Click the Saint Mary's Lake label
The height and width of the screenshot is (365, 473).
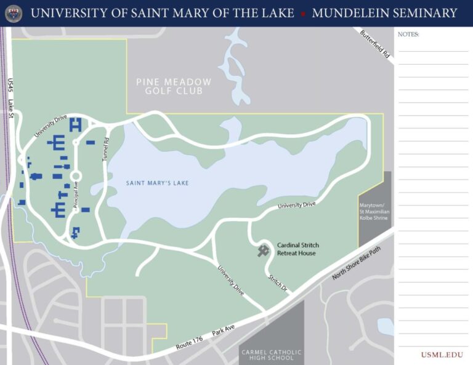(x=157, y=183)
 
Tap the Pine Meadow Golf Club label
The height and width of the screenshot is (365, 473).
(x=174, y=86)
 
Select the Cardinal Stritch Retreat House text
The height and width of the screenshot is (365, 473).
(x=298, y=249)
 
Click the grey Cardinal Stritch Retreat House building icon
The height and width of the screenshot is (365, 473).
(x=264, y=250)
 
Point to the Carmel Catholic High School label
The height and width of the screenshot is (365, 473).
(x=272, y=355)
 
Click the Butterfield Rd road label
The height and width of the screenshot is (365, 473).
(x=375, y=44)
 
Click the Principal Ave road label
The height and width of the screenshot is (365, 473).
(x=76, y=196)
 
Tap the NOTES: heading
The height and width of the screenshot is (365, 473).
(x=408, y=34)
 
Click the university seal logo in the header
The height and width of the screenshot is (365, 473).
(x=14, y=13)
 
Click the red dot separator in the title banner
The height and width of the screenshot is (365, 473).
(x=303, y=13)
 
